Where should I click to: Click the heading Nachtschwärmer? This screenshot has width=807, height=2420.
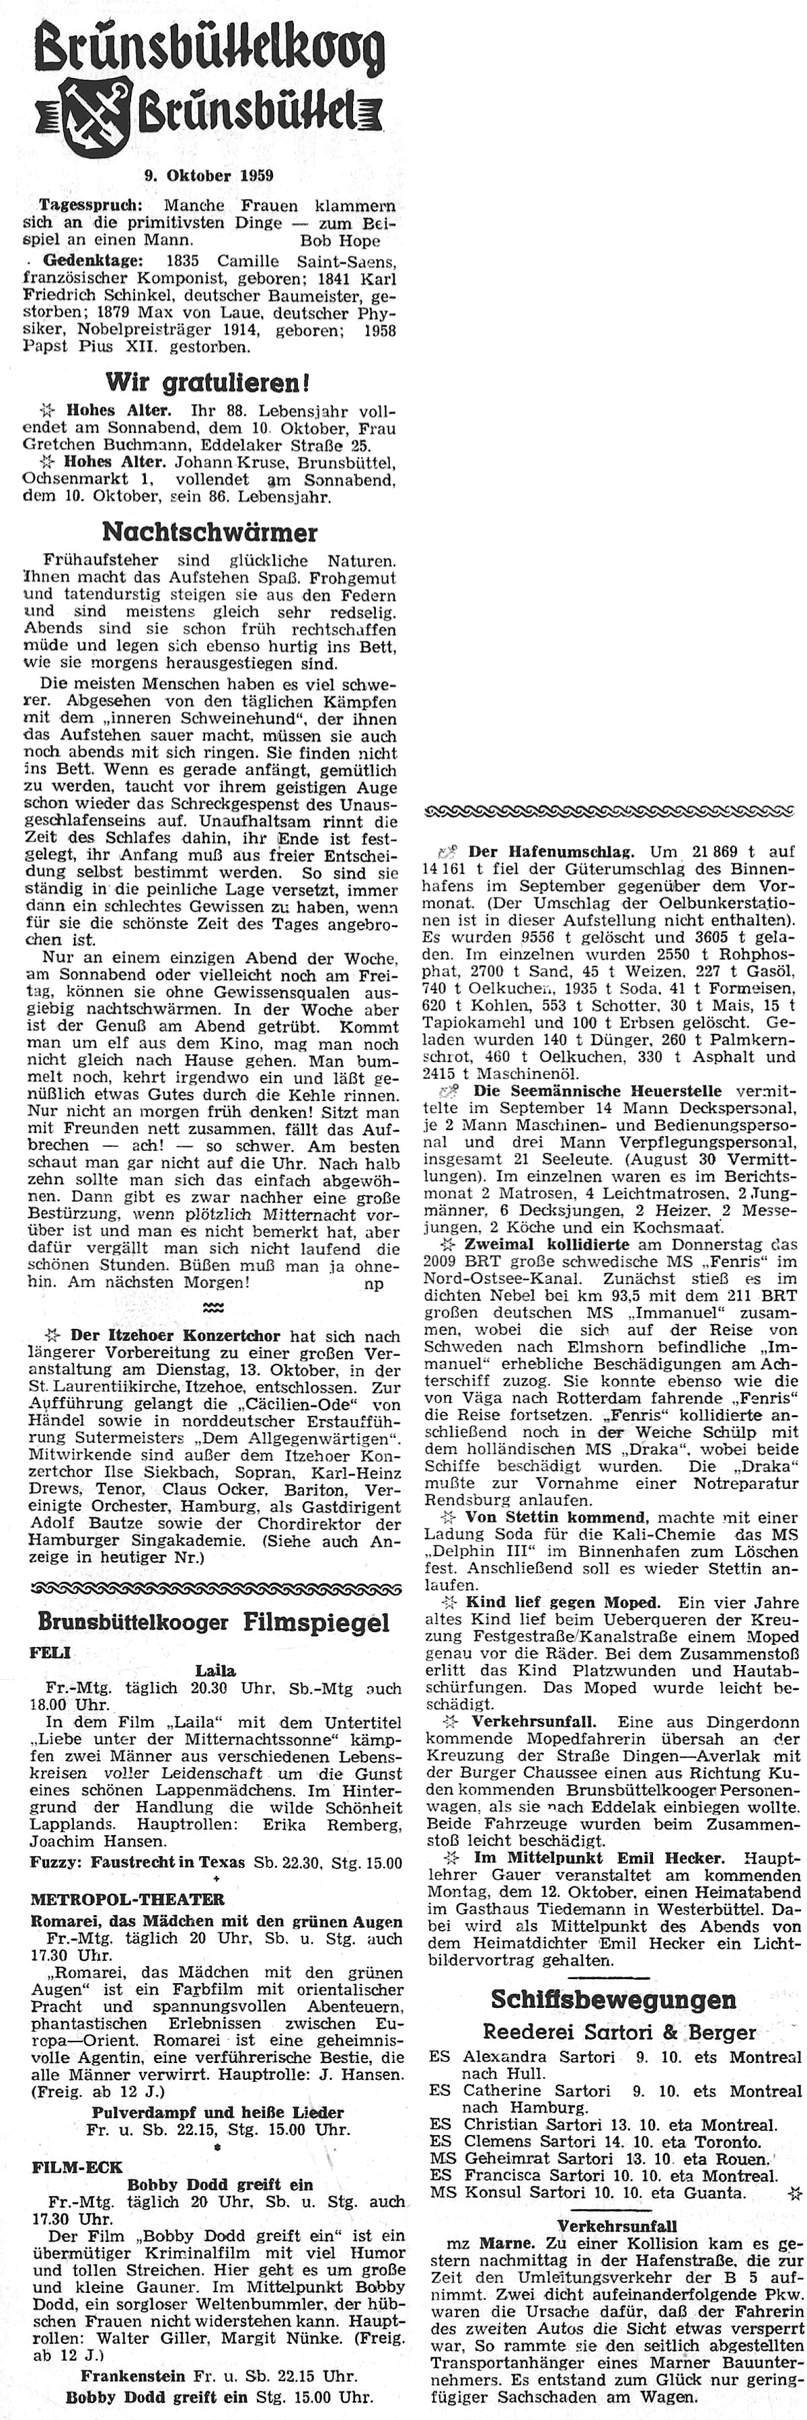[x=208, y=532]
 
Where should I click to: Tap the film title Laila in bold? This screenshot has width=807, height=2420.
[x=215, y=1670]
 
